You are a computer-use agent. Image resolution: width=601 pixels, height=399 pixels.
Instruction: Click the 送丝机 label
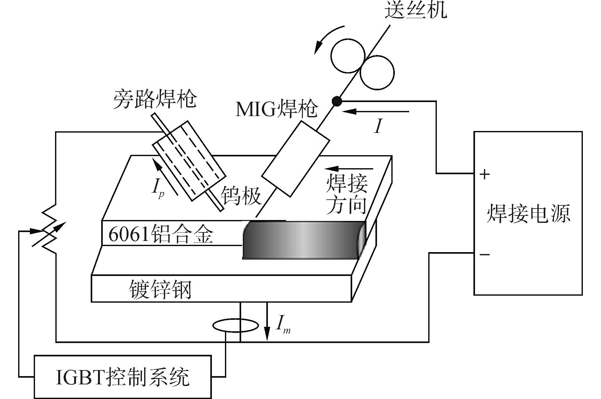(x=416, y=10)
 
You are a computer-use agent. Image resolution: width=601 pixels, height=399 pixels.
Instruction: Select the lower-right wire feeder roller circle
(x=377, y=72)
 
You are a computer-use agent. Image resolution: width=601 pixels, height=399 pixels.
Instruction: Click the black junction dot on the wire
(x=337, y=101)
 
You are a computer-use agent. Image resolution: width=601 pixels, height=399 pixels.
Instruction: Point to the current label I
(x=378, y=126)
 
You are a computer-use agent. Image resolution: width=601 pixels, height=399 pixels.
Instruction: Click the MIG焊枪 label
(x=276, y=109)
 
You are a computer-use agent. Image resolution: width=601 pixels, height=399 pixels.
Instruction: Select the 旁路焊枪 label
(x=155, y=99)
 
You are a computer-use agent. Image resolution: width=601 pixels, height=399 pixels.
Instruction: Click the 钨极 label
(x=241, y=196)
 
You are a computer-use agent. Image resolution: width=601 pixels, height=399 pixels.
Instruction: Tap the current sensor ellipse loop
(x=235, y=326)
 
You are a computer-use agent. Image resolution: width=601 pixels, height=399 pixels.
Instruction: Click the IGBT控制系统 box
(x=122, y=377)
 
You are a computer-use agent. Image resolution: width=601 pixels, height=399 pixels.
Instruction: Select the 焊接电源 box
(x=528, y=213)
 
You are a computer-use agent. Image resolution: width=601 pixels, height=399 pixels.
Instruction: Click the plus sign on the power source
(x=484, y=174)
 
